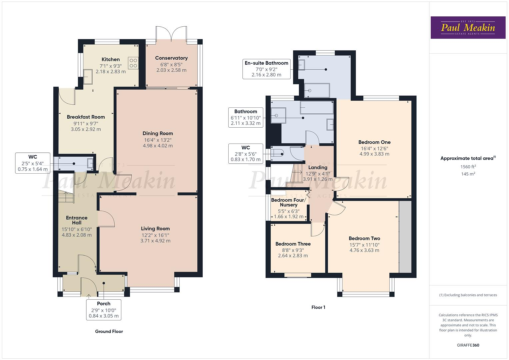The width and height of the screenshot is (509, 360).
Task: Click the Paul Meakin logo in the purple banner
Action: click(x=468, y=28)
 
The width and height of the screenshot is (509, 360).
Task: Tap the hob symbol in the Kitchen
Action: click(x=133, y=63)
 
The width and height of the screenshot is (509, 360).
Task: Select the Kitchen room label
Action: click(x=111, y=59)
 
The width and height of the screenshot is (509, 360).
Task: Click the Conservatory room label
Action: click(x=171, y=58)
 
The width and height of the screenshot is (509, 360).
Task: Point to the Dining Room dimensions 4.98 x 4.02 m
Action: click(x=158, y=146)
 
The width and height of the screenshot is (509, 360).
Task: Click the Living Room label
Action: click(x=155, y=229)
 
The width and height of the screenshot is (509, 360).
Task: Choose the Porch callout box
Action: click(x=104, y=310)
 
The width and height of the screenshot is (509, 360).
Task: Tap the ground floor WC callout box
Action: click(x=33, y=163)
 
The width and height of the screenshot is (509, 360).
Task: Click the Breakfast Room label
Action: click(x=86, y=117)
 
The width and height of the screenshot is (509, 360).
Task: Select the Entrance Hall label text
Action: click(x=77, y=220)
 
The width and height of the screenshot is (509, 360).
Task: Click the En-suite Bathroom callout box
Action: click(x=266, y=69)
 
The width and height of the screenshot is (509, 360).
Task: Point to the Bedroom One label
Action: click(x=374, y=142)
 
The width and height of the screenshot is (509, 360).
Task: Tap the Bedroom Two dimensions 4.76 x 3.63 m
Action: click(x=364, y=250)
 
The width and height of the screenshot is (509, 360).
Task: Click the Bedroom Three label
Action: click(x=293, y=244)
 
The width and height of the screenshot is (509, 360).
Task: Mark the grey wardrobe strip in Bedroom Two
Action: click(x=405, y=237)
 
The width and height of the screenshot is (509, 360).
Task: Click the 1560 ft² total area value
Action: click(x=468, y=167)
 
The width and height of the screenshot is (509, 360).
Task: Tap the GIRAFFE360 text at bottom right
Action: click(x=468, y=345)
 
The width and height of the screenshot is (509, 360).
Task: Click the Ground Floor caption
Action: click(x=109, y=331)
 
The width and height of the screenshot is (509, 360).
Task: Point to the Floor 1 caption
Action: click(x=318, y=307)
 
